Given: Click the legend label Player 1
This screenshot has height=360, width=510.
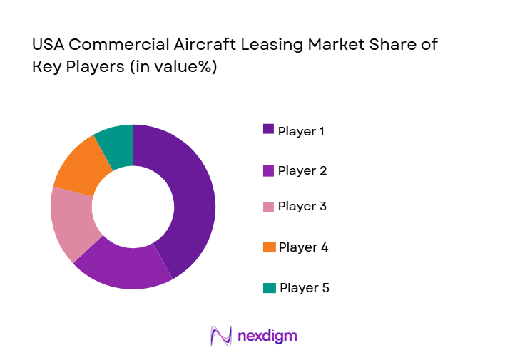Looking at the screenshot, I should pyautogui.click(x=301, y=131).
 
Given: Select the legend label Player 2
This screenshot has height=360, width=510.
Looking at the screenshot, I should pyautogui.click(x=302, y=170).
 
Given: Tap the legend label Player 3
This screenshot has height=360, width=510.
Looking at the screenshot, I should pyautogui.click(x=302, y=207).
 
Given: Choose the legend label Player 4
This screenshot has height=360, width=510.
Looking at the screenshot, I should pyautogui.click(x=302, y=247).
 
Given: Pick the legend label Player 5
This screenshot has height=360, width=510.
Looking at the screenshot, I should pyautogui.click(x=304, y=288).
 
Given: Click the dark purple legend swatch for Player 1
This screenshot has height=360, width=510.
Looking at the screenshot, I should pyautogui.click(x=268, y=129).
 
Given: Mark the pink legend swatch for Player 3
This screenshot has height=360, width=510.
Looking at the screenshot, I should pyautogui.click(x=268, y=207).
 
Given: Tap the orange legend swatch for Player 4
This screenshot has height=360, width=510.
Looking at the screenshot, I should pyautogui.click(x=269, y=247).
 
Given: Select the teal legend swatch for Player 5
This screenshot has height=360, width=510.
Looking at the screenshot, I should pyautogui.click(x=269, y=288).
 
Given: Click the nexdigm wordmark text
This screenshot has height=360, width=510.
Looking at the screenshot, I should pyautogui.click(x=268, y=336).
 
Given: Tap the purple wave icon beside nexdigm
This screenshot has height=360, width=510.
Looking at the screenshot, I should pyautogui.click(x=221, y=336).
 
